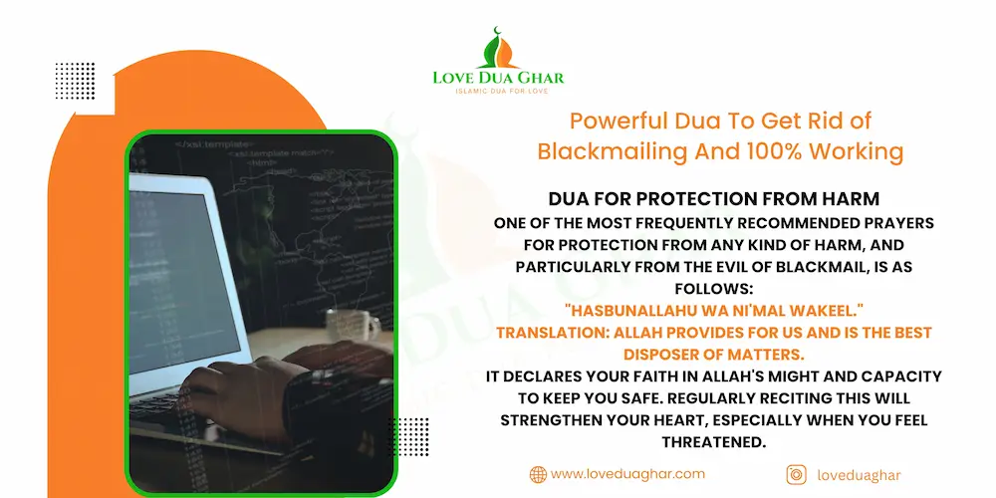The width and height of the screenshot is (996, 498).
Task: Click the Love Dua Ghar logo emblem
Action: coord(497,47)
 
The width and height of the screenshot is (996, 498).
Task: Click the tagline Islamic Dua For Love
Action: coord(497,92)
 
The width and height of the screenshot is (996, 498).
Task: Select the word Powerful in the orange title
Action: coord(610,122)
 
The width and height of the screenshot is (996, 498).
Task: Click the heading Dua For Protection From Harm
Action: coord(713,199)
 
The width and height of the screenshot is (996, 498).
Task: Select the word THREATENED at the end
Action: coord(713,441)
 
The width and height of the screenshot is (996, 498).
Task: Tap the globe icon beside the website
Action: coord(538,475)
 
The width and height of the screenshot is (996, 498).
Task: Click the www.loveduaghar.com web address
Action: coord(627,475)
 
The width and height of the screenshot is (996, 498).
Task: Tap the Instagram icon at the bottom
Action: coord(796,475)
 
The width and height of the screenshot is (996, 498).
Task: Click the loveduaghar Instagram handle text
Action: coord(858,476)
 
